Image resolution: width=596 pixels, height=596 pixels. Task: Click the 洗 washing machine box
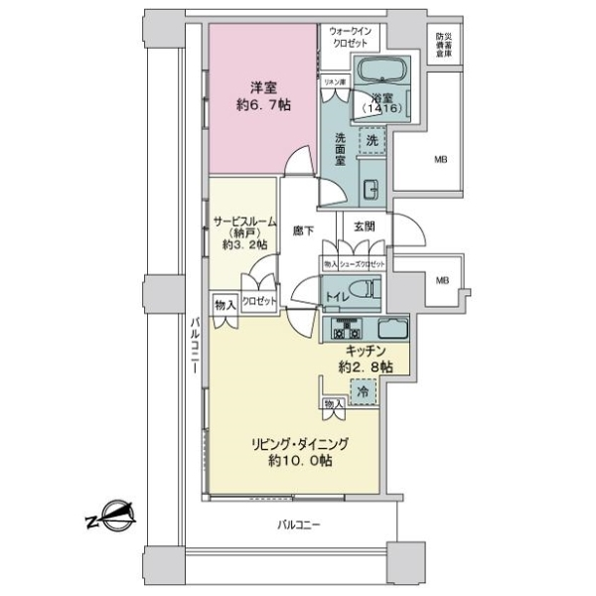click(372, 141)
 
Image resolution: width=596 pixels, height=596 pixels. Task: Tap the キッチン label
click(366, 351)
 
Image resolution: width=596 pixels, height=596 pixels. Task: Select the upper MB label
click(439, 159)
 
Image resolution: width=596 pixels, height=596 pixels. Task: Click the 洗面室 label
click(339, 148)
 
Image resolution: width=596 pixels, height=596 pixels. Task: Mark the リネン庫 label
click(335, 81)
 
